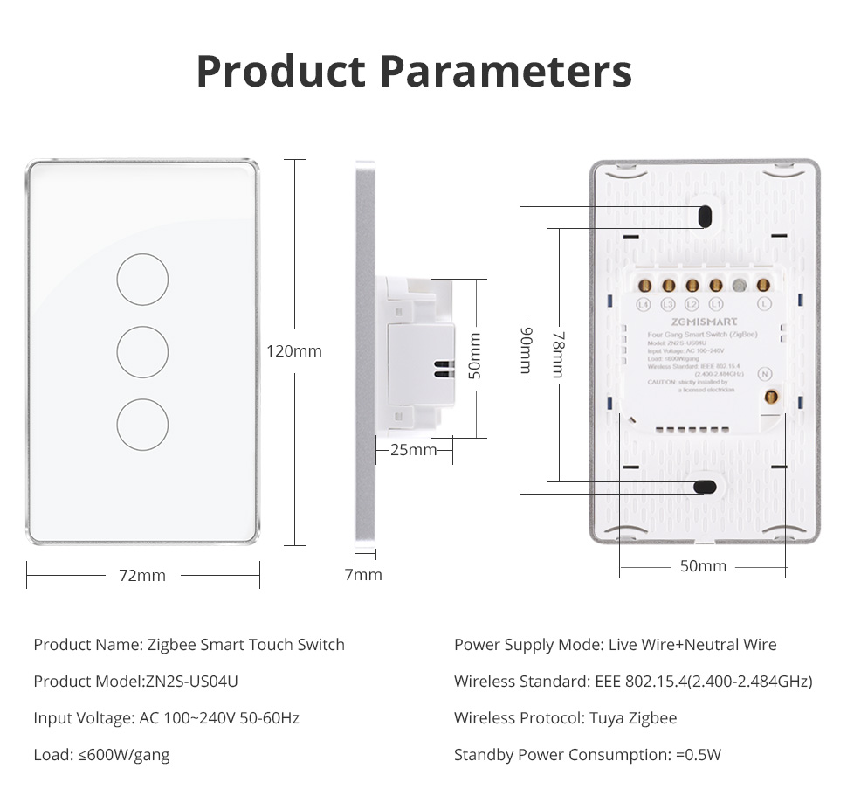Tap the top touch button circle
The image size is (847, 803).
point(142,279)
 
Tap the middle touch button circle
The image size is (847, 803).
point(142,351)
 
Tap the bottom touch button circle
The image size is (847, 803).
point(142,425)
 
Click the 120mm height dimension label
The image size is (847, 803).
point(294,351)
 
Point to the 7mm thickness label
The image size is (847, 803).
point(363,574)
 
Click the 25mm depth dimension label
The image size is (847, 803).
point(413,450)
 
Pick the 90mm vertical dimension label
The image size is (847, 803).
point(526,350)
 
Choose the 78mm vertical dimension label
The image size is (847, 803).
point(557,354)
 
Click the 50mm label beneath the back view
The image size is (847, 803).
point(703,566)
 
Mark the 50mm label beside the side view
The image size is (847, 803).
point(475,355)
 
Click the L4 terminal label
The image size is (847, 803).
point(644,304)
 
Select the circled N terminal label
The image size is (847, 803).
point(766,372)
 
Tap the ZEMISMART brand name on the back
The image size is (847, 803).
point(706,321)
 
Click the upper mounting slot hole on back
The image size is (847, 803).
point(704,215)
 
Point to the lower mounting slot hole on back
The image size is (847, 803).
point(703,487)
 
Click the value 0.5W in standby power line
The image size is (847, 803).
point(704,755)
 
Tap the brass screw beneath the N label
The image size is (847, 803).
point(770,398)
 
